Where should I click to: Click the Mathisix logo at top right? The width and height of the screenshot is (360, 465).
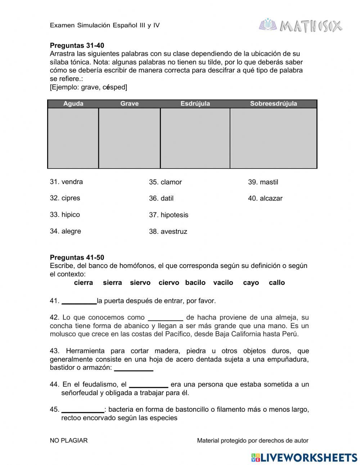(301, 26)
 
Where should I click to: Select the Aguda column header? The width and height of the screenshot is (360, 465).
(73, 104)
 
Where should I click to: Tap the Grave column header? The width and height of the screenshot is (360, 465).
(129, 104)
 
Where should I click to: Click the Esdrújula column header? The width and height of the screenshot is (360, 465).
(195, 104)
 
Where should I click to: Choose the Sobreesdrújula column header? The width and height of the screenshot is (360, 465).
(274, 104)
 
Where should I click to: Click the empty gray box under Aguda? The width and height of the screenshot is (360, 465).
(73, 138)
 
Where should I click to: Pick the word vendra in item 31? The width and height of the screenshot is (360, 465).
(72, 182)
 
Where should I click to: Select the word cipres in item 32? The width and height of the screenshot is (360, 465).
(71, 198)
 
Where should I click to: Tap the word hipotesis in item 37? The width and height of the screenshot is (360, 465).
(174, 215)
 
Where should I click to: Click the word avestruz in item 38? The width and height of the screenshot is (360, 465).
(174, 232)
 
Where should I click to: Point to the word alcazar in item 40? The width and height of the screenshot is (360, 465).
(271, 198)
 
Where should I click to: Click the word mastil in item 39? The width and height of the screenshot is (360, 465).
(269, 182)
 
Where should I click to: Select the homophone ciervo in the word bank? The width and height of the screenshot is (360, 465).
(169, 283)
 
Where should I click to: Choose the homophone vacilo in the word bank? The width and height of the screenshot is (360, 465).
(223, 283)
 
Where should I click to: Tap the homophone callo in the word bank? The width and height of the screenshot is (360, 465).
(277, 283)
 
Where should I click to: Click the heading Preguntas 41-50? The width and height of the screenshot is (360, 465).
(77, 258)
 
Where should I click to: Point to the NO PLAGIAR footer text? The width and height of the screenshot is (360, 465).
(69, 441)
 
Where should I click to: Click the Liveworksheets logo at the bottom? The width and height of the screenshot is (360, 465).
(304, 457)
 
